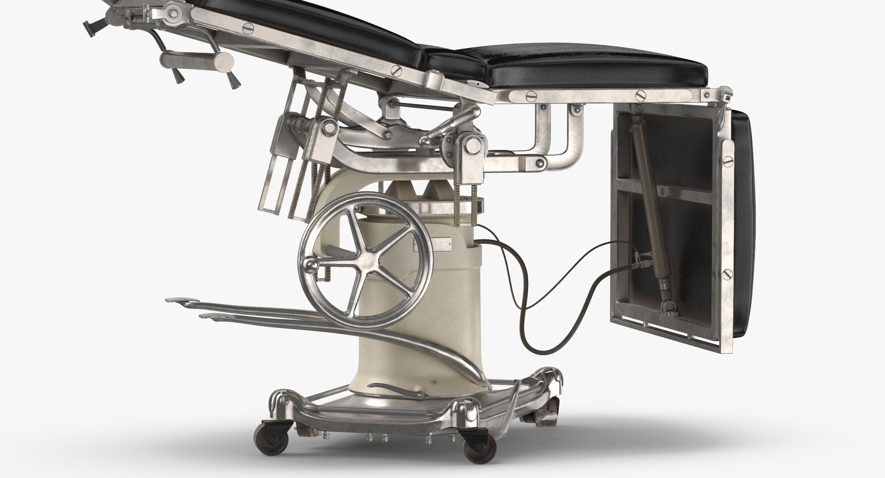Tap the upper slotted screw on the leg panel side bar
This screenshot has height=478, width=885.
coord(728,161)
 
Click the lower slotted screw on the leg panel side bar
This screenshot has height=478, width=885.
coord(727,272)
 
